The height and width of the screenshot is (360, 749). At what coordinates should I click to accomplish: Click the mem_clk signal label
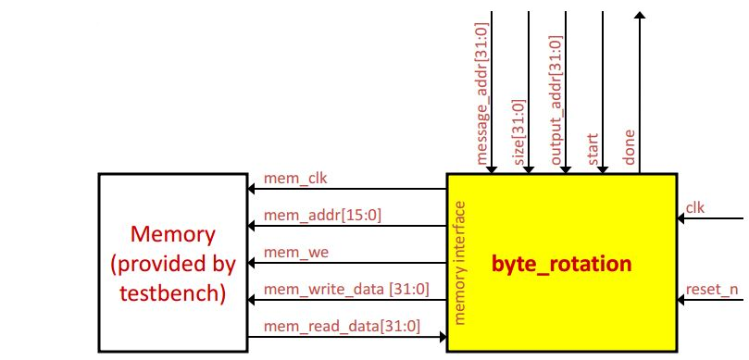click(290, 179)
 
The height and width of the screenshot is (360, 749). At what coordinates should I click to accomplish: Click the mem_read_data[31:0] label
click(342, 326)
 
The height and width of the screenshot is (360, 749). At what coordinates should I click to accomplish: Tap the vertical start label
click(593, 150)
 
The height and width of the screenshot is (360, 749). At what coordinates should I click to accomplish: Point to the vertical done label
click(630, 151)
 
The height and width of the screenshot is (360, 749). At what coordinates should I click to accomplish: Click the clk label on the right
click(694, 207)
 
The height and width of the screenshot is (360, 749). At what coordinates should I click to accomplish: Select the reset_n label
click(712, 290)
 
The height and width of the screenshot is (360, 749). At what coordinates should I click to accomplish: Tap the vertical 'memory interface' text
click(460, 261)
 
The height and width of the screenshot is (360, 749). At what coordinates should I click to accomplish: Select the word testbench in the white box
click(173, 295)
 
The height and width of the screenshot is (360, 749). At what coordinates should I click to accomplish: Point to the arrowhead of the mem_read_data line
click(441, 337)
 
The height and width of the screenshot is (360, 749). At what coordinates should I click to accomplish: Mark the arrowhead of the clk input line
click(682, 219)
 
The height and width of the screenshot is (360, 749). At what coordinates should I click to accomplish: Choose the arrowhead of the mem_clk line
click(251, 190)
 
